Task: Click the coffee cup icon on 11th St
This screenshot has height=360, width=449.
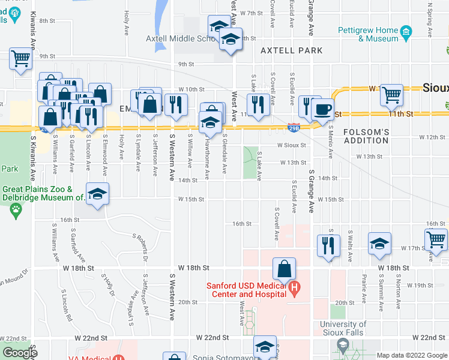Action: [x=323, y=109]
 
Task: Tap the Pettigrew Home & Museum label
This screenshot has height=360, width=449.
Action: [x=379, y=34]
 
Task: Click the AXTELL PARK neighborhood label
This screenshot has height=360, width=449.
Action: [x=292, y=51]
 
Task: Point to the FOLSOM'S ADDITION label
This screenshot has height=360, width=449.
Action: [x=366, y=136]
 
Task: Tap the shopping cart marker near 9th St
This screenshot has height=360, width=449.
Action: [x=20, y=59]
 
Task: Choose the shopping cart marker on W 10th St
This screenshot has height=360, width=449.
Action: [x=391, y=94]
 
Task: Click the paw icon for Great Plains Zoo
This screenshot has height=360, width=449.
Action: [x=15, y=210]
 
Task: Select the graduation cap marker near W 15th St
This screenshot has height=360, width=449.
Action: [x=97, y=194]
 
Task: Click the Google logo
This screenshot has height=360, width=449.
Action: [x=20, y=353]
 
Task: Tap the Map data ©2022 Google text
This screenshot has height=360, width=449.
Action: [x=412, y=355]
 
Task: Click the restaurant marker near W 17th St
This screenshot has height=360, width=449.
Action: [x=328, y=245]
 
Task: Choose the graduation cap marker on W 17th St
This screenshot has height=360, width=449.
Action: [x=379, y=244]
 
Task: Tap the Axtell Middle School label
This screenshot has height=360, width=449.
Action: [x=181, y=38]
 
